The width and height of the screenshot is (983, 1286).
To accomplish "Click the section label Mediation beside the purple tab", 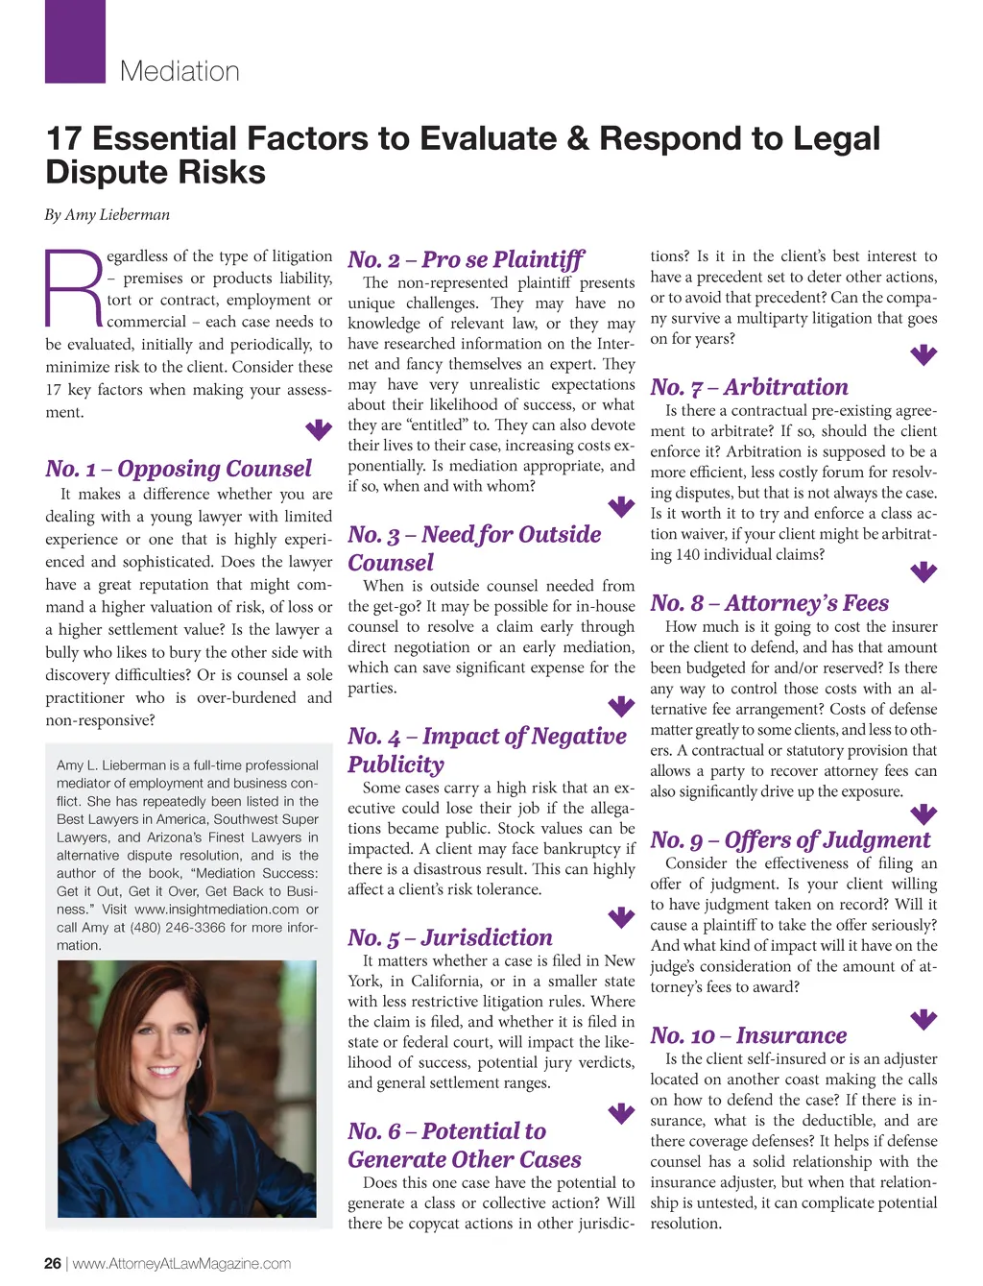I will coord(180,71).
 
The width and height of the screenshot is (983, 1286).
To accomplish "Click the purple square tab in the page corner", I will coord(75,40).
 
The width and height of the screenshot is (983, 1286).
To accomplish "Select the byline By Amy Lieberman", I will coord(107,215).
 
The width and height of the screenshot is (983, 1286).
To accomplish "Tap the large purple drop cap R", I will coord(73,287).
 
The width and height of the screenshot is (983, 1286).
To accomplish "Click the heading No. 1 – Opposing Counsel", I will coord(179,469).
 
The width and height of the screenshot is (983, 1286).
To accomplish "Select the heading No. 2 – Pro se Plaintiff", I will coord(466,259).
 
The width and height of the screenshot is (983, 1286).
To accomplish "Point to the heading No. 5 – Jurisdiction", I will coord(450,937).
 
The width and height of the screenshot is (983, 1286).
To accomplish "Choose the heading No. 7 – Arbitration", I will coord(749,387).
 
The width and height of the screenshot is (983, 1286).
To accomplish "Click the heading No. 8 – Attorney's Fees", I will coord(769,603).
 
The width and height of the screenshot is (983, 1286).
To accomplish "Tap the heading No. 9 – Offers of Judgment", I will coord(790,840).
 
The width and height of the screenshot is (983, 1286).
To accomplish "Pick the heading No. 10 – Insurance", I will coord(748,1035).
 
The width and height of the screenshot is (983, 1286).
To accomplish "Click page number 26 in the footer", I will coord(53,1264).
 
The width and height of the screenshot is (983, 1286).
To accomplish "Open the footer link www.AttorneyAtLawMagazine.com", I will coord(181,1264).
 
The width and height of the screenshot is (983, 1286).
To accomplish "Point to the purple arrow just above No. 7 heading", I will coord(923,355).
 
